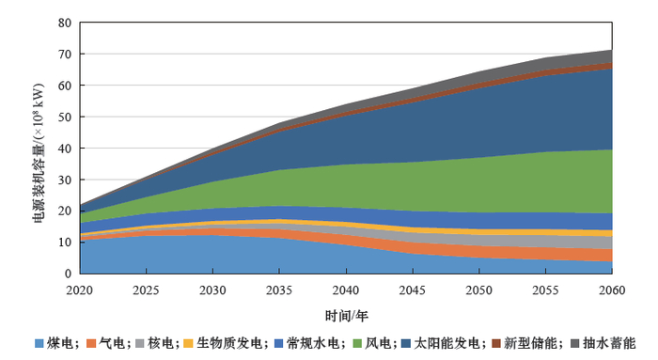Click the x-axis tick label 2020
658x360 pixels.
tap(81, 290)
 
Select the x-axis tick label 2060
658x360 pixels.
tap(612, 290)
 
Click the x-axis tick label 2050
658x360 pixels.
tap(479, 290)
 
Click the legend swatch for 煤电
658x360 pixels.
tap(39, 343)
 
